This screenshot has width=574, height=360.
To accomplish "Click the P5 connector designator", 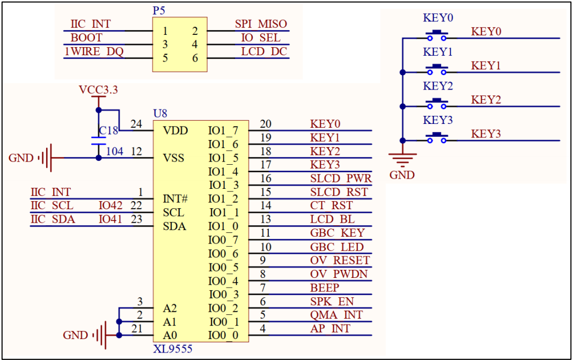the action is [159, 11].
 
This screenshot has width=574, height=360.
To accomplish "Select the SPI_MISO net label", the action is [261, 24].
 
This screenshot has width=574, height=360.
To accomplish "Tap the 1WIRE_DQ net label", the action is [94, 52].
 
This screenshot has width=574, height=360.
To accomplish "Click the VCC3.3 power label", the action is [98, 90].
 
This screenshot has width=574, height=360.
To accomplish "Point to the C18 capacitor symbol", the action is [99, 141].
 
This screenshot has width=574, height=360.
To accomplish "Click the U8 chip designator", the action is [160, 114].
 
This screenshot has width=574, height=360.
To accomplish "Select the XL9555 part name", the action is [172, 349].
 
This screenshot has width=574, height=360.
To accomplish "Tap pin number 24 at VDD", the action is [136, 124].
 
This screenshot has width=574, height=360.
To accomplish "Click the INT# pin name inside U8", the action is [175, 199].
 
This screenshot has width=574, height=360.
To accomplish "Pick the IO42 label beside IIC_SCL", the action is [110, 205].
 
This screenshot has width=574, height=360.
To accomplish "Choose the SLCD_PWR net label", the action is [341, 178].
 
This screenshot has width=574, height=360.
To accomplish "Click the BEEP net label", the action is [325, 288].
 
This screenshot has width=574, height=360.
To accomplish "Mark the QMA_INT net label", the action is [336, 315].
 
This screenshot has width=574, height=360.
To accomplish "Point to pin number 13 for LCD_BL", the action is [266, 219].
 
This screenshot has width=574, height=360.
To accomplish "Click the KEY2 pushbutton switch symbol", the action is [437, 103].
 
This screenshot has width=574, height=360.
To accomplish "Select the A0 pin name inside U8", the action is [170, 335].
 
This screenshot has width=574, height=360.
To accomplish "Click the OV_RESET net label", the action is [340, 260].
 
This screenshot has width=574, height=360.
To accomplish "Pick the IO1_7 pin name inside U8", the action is [223, 131].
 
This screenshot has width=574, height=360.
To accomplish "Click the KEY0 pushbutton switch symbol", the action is [437, 35].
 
